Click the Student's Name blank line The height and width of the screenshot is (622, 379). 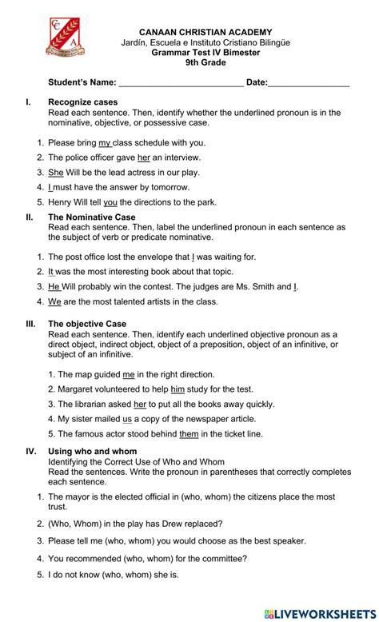[181, 82]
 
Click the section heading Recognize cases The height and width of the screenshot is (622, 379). [83, 102]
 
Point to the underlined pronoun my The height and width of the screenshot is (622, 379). [105, 142]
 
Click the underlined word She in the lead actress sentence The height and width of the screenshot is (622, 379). [55, 172]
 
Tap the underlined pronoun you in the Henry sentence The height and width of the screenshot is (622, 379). [110, 201]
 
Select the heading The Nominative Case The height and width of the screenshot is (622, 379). [92, 217]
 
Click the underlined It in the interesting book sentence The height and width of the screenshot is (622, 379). [51, 271]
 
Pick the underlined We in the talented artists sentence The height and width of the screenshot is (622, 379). [54, 301]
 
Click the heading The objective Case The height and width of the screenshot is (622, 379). [87, 323]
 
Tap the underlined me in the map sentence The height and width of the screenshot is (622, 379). [128, 373]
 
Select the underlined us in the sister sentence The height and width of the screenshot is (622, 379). [127, 418]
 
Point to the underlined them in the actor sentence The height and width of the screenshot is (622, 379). [189, 433]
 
